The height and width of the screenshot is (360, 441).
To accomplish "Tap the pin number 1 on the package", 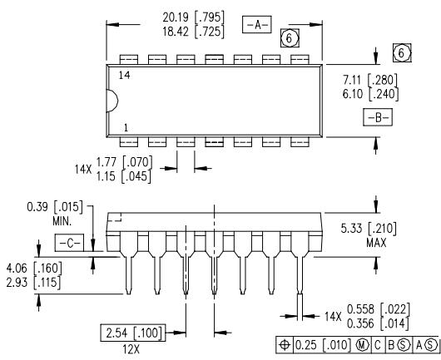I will coord(126,128).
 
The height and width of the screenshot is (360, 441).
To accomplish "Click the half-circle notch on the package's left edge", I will coord(112,101).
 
